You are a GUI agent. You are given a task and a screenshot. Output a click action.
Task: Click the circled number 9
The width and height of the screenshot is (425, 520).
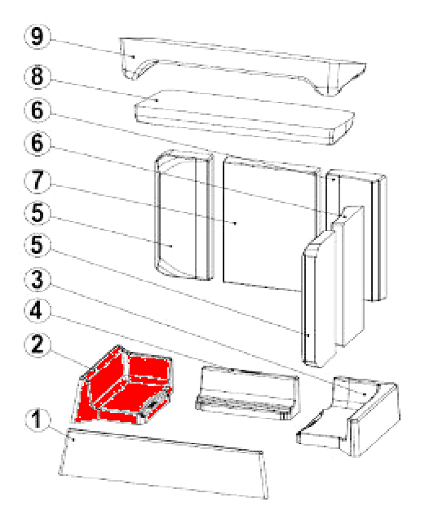38,37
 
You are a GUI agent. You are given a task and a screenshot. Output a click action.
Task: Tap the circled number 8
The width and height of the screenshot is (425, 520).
38,77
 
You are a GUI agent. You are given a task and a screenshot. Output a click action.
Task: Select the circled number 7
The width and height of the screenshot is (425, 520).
38,181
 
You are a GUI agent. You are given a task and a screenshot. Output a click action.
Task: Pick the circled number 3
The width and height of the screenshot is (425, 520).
38,279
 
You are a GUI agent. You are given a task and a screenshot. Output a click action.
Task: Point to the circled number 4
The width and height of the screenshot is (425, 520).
38,311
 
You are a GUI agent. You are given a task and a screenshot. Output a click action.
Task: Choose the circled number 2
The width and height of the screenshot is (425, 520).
38,344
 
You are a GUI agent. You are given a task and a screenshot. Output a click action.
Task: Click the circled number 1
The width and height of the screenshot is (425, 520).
38,420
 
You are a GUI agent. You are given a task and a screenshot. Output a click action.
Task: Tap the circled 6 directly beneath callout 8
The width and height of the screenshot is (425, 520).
38,110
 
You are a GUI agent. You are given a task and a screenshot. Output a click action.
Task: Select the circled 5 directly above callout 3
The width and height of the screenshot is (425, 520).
38,246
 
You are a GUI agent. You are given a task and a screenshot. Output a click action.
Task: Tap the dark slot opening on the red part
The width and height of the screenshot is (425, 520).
154,404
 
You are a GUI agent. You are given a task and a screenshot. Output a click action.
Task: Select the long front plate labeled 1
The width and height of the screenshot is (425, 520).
164,463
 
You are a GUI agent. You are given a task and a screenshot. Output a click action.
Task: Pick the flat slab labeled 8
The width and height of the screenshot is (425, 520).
245,117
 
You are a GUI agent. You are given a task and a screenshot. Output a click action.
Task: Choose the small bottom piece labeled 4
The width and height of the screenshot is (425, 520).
247,393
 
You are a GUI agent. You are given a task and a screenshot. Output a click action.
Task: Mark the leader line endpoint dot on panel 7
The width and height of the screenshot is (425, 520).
235,224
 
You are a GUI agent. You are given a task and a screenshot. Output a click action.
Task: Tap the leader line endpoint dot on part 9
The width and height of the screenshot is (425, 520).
134,56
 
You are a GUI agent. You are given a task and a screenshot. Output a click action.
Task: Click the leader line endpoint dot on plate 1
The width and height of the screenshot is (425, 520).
73,440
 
